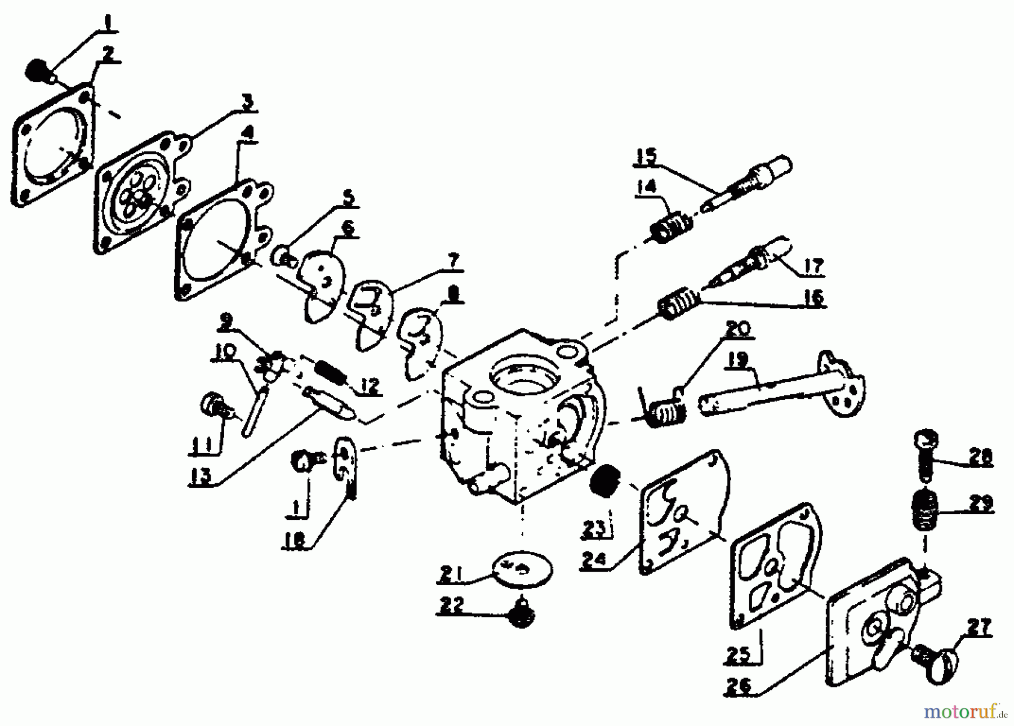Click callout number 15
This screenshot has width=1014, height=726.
(x=646, y=157)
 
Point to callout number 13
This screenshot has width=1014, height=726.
(x=201, y=476)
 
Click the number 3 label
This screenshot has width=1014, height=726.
(x=247, y=103)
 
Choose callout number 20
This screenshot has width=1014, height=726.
(x=739, y=328)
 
